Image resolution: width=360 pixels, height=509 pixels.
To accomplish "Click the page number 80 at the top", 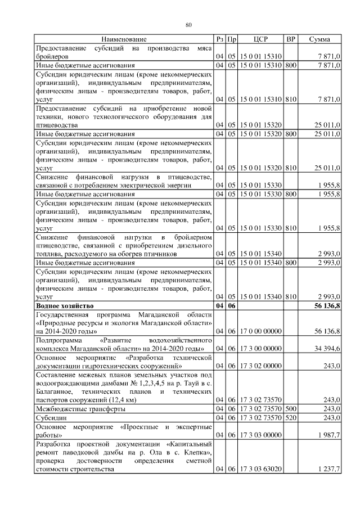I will point(189,24).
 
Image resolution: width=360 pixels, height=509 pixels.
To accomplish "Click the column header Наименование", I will point(124,39).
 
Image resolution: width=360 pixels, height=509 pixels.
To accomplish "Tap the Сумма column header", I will point(319,39).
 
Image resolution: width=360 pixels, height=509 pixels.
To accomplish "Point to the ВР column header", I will point(291,39).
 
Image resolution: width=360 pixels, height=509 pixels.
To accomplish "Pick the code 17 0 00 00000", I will point(260,331).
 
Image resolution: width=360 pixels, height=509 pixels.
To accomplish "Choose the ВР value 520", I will point(291,418).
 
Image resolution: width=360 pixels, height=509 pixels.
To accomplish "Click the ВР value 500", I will point(291,409).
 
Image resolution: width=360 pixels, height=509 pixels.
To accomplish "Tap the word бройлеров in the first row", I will point(52,57).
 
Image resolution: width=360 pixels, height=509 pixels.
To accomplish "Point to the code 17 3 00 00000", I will point(260,349).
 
